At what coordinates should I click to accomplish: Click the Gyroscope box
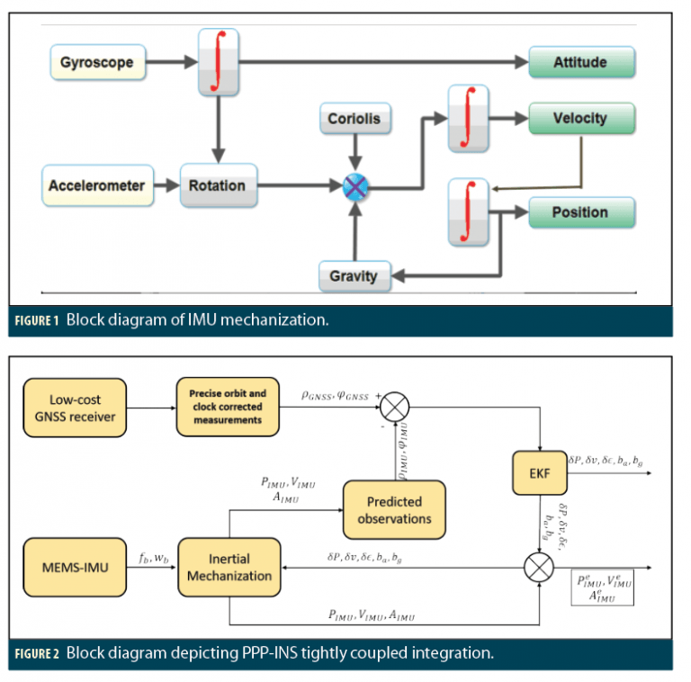click(97, 63)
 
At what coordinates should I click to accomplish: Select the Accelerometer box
click(96, 186)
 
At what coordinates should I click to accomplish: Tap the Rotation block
click(218, 186)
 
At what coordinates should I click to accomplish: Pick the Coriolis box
click(354, 119)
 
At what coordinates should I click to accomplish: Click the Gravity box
click(354, 275)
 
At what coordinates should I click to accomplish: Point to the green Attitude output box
click(580, 63)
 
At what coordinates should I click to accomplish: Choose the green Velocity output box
click(580, 119)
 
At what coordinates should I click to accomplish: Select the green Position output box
click(580, 212)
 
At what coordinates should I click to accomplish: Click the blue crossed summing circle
click(355, 188)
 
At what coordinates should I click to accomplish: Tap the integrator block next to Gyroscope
click(218, 63)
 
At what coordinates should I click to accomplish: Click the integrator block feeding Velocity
click(467, 119)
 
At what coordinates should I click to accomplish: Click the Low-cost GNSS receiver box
click(76, 408)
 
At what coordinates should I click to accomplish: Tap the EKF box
click(539, 471)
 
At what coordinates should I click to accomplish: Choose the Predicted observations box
click(394, 509)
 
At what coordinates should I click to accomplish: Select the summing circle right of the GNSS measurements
click(393, 408)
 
